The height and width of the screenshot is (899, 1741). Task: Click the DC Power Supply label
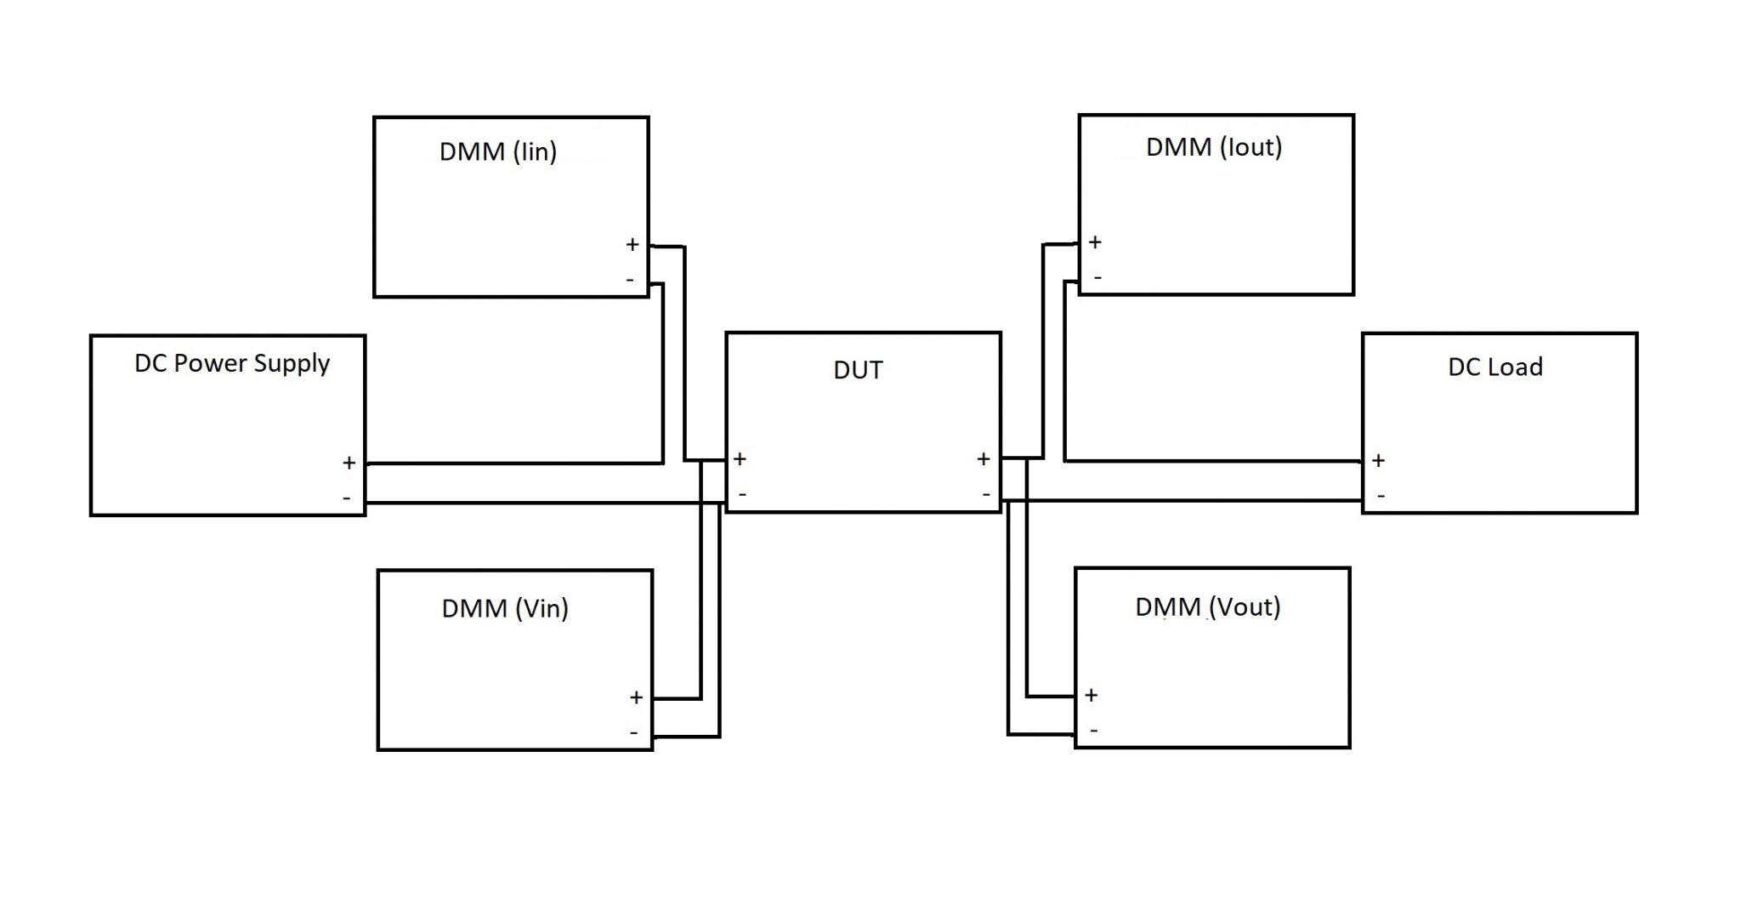232,364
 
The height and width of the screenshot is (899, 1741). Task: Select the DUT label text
858,370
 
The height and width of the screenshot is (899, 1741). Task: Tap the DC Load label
1494,367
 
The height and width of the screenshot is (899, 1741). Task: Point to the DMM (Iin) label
497,152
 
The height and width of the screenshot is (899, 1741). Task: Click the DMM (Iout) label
1213,147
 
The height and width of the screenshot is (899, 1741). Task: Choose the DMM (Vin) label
504,608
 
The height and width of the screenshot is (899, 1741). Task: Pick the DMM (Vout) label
1207,606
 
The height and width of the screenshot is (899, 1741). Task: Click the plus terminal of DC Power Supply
349,464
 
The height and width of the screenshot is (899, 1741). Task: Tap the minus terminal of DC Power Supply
347,498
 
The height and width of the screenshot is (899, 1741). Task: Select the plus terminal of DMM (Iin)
632,245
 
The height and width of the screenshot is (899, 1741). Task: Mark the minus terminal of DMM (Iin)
630,280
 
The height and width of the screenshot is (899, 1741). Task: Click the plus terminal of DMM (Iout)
1095,242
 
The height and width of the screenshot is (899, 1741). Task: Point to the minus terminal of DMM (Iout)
1097,277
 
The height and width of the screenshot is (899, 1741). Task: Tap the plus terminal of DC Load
1378,461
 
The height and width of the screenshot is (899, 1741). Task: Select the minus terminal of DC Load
1381,495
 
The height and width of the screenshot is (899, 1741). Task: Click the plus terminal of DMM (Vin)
636,698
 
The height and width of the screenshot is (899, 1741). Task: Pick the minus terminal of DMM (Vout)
1093,730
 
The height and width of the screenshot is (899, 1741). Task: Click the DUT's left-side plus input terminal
740,459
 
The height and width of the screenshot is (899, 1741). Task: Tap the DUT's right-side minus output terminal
985,494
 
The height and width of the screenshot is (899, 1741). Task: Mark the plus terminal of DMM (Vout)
1091,696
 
